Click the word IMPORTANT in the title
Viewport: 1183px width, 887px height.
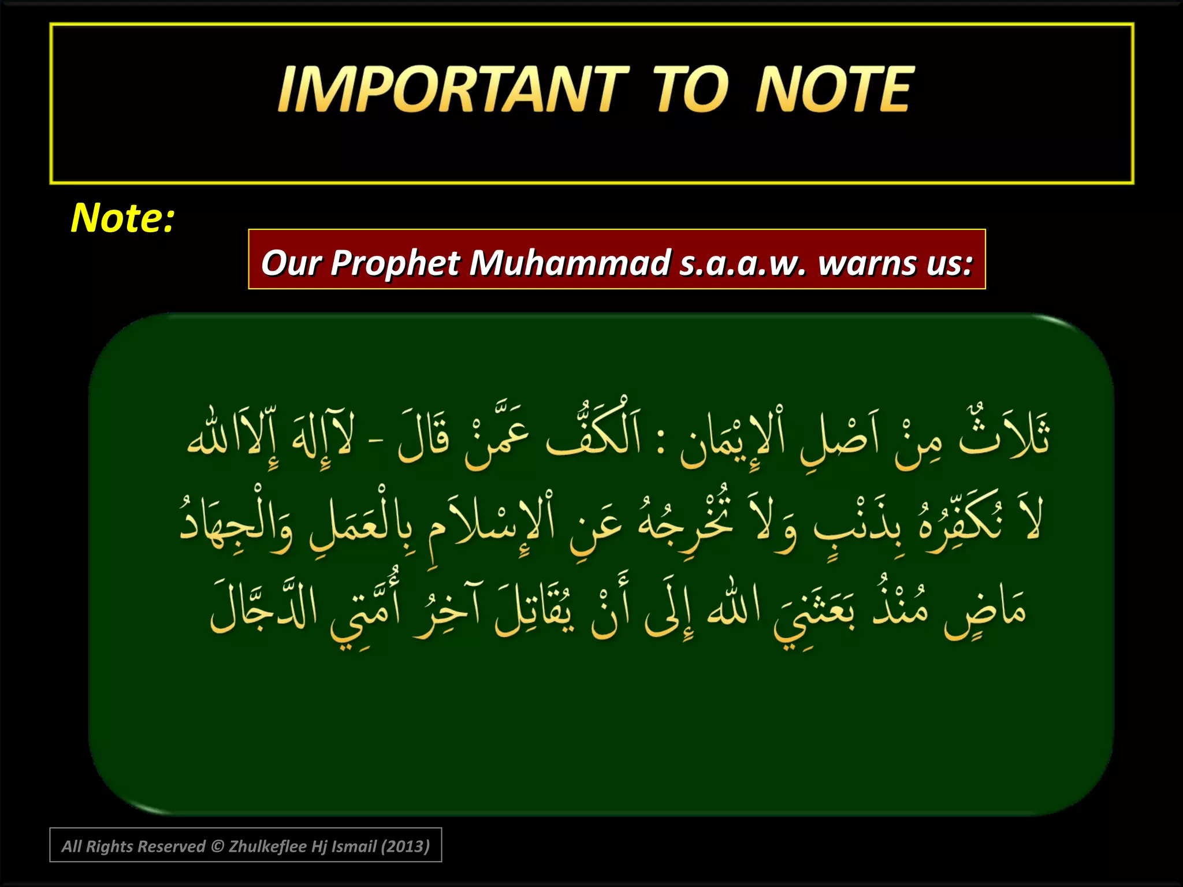(453, 90)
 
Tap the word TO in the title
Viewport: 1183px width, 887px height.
(691, 90)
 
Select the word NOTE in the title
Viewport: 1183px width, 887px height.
(834, 90)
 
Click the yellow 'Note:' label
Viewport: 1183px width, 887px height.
(122, 218)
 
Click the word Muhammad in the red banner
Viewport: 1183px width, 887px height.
(570, 263)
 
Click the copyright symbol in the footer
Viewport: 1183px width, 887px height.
(217, 847)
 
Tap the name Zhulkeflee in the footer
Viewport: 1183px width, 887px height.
(267, 847)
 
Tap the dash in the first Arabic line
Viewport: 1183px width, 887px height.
(376, 443)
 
